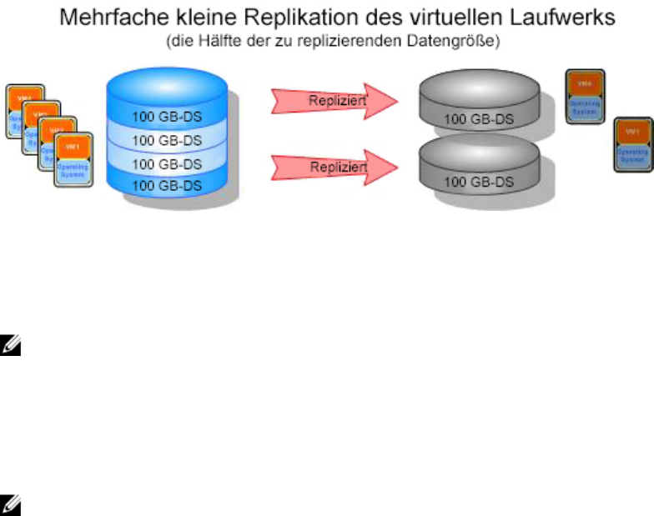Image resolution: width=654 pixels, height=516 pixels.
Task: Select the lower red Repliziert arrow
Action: tap(333, 167)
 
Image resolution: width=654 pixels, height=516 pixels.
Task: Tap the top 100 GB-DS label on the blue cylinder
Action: tap(167, 116)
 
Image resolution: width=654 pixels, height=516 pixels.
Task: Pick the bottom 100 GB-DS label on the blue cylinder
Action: tap(167, 185)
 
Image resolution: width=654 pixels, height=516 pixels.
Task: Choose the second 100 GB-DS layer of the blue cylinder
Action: tap(167, 139)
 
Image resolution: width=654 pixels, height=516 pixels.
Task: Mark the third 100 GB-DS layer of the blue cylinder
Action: tap(167, 163)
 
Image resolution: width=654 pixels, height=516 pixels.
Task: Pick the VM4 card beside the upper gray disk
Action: tap(585, 97)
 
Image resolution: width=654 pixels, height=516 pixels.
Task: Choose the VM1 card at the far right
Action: tap(633, 145)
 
